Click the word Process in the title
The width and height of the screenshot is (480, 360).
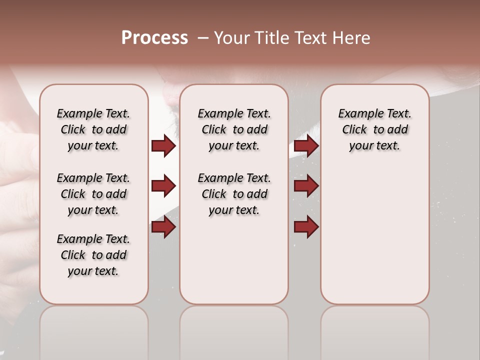154,38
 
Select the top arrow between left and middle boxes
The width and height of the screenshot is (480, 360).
163,145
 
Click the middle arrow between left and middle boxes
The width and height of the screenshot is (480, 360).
163,186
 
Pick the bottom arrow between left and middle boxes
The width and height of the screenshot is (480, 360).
163,227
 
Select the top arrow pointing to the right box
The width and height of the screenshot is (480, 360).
306,145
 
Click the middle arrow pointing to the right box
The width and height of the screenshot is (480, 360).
306,186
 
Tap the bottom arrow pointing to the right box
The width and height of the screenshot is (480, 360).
306,227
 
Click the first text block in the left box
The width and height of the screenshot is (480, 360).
93,129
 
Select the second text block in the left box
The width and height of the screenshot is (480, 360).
93,194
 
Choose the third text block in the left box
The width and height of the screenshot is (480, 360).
93,255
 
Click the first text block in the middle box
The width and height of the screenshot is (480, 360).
234,129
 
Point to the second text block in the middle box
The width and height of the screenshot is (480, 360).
234,194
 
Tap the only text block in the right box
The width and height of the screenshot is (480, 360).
375,129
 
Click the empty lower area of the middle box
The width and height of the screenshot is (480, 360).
234,260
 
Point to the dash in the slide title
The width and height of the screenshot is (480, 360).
202,38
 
